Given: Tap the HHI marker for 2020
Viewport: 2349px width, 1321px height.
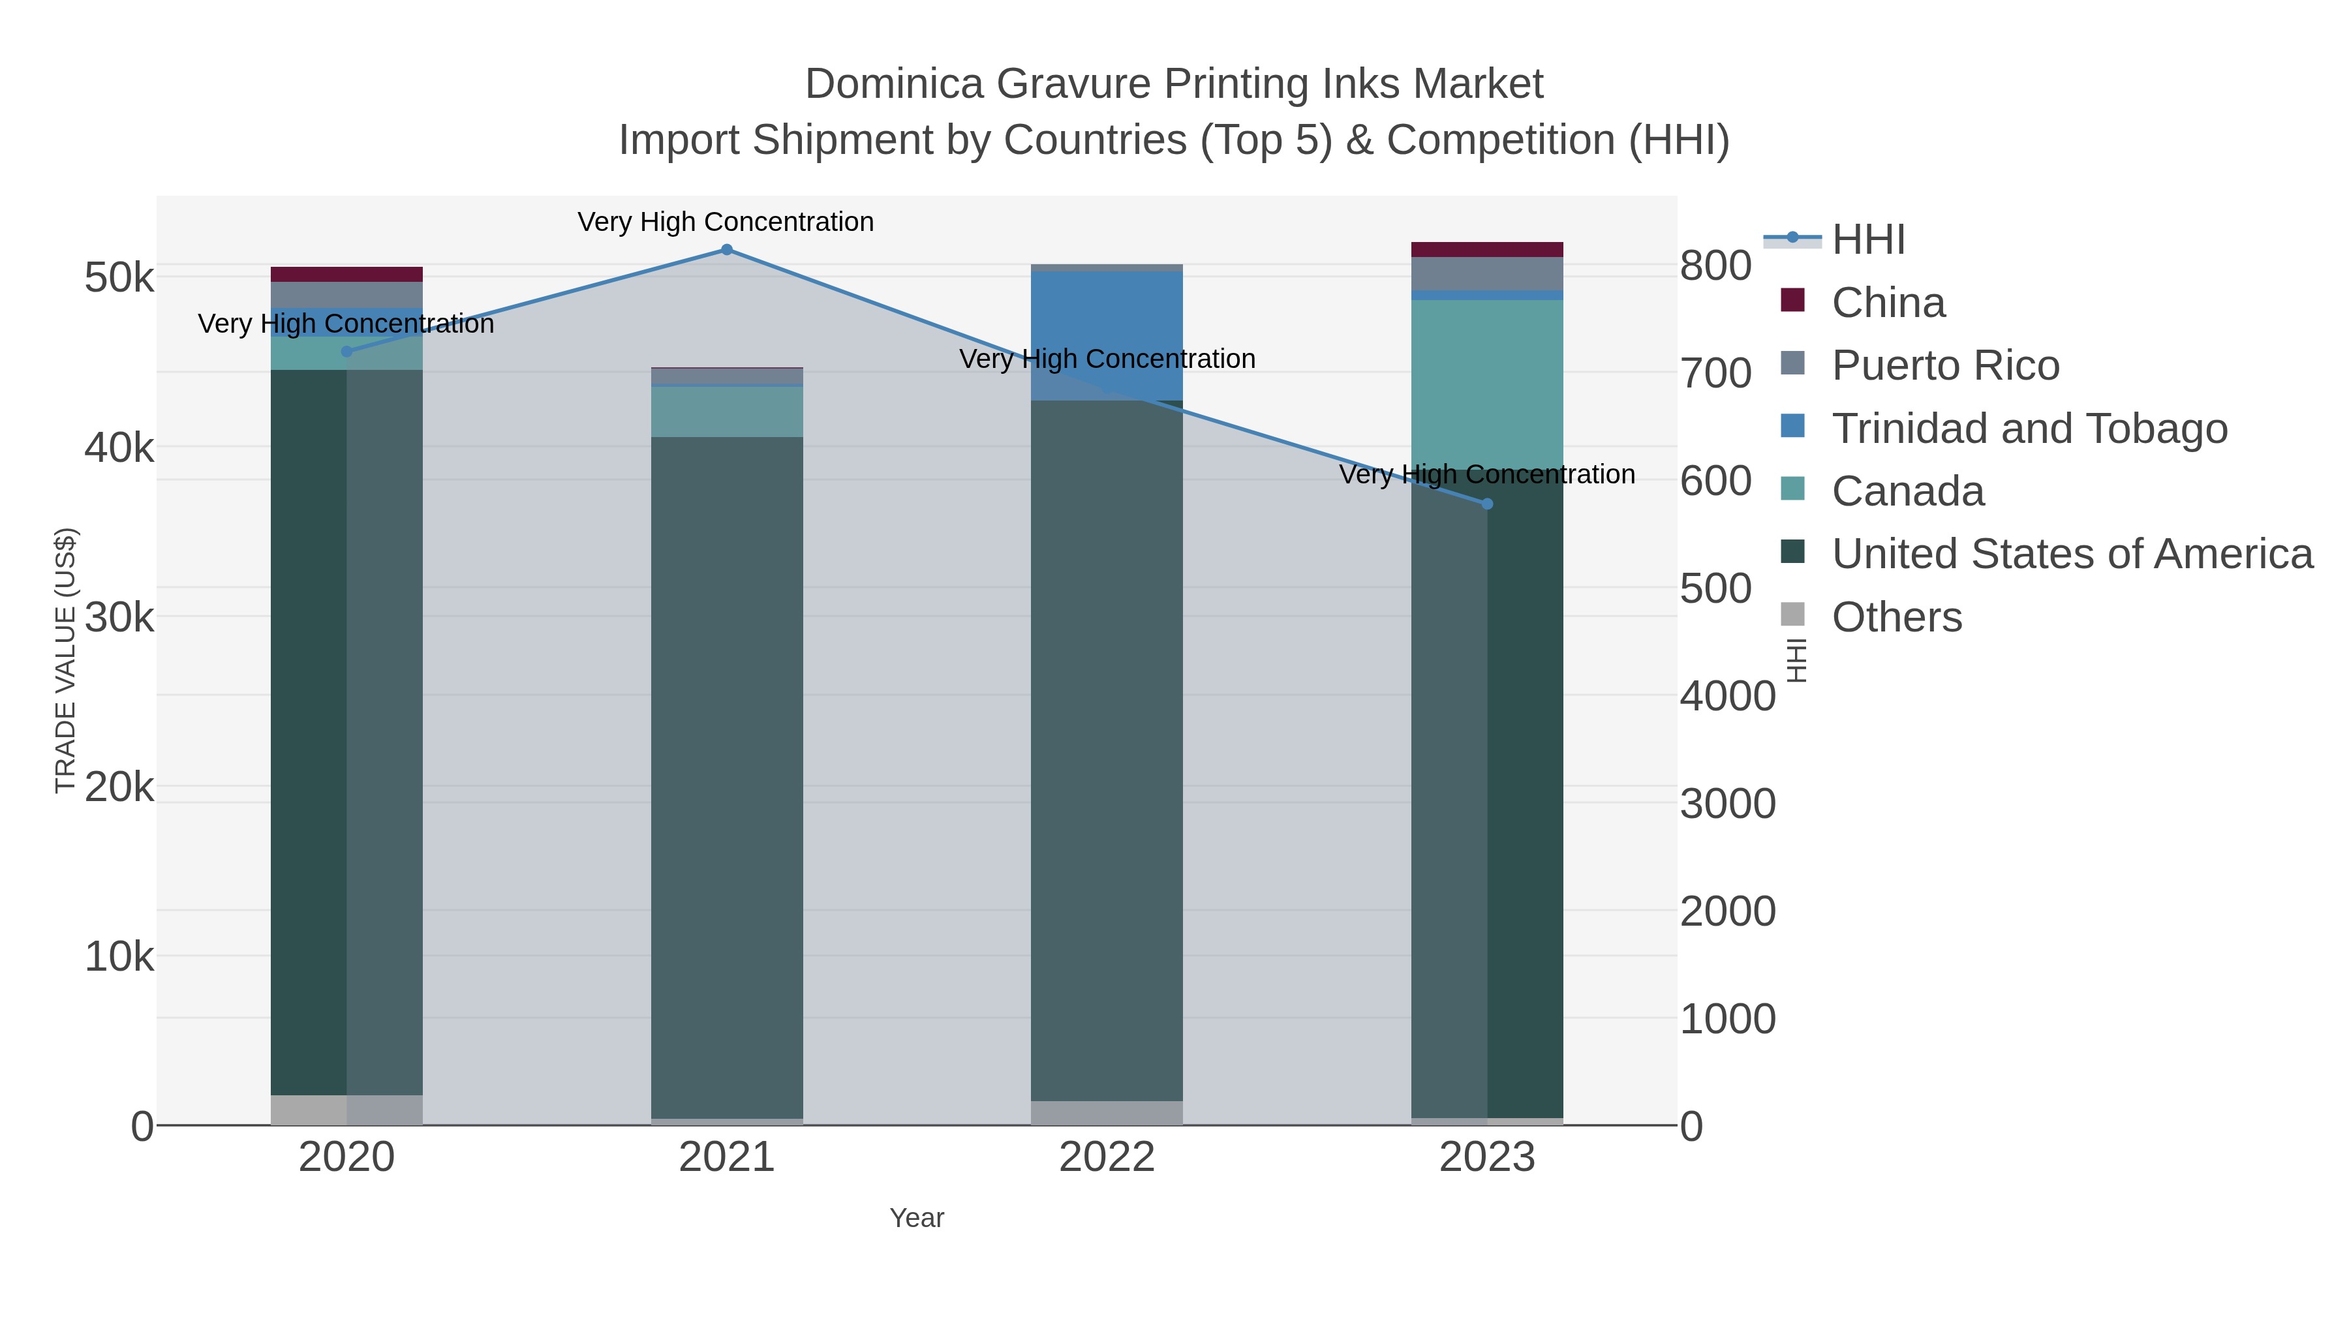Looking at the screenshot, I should (346, 351).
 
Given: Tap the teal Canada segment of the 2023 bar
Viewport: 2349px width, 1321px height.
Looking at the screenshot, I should (1486, 383).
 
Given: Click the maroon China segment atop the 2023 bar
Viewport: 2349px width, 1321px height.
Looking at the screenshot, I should (1486, 249).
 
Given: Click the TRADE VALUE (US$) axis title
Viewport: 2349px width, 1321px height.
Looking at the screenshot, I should (66, 660).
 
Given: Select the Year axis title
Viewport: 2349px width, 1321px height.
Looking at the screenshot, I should (917, 1218).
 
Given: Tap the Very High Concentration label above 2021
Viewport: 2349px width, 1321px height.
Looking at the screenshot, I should (726, 222).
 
